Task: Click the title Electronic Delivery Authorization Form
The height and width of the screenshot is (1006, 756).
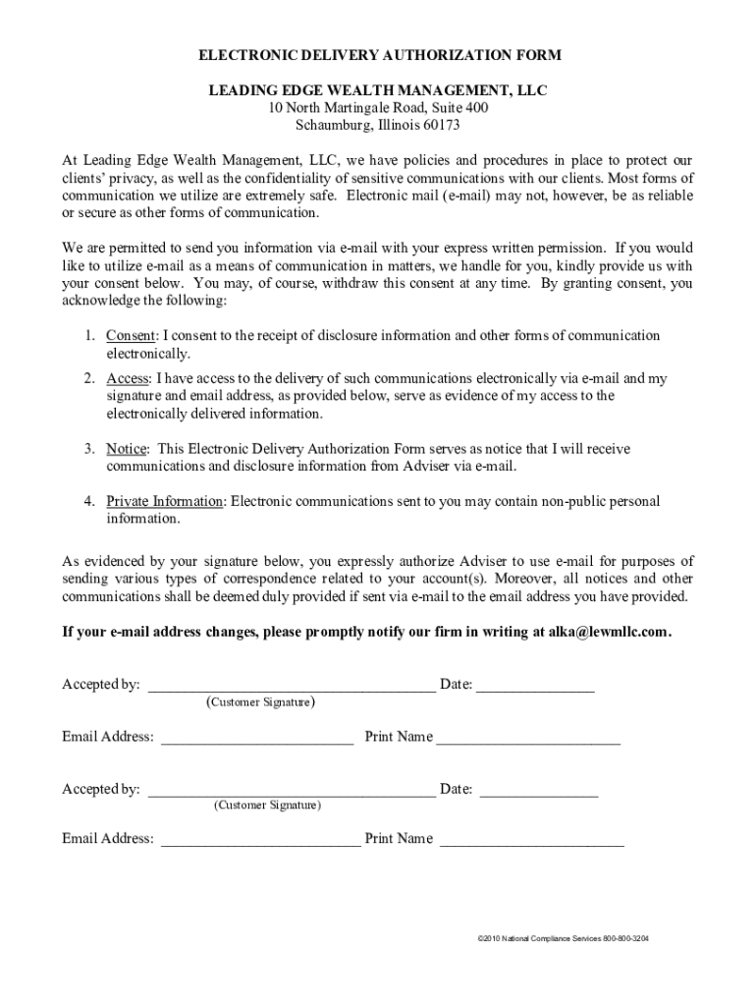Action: pos(378,55)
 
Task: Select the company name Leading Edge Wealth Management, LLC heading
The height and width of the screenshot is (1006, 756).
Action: pos(378,90)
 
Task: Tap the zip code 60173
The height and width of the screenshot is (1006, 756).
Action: pos(441,126)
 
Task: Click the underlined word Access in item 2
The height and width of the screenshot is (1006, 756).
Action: pos(128,378)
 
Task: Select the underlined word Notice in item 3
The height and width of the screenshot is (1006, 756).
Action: pos(126,449)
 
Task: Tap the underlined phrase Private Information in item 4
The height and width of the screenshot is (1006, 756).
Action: pos(165,501)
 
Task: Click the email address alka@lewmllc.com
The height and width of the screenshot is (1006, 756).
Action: pos(602,633)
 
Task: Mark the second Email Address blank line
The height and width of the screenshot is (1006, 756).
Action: pos(260,842)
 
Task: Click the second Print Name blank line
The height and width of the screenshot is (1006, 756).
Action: pos(532,842)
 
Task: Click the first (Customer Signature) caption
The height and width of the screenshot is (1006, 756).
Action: pos(260,702)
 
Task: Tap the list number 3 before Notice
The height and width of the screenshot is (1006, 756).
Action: pos(88,449)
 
